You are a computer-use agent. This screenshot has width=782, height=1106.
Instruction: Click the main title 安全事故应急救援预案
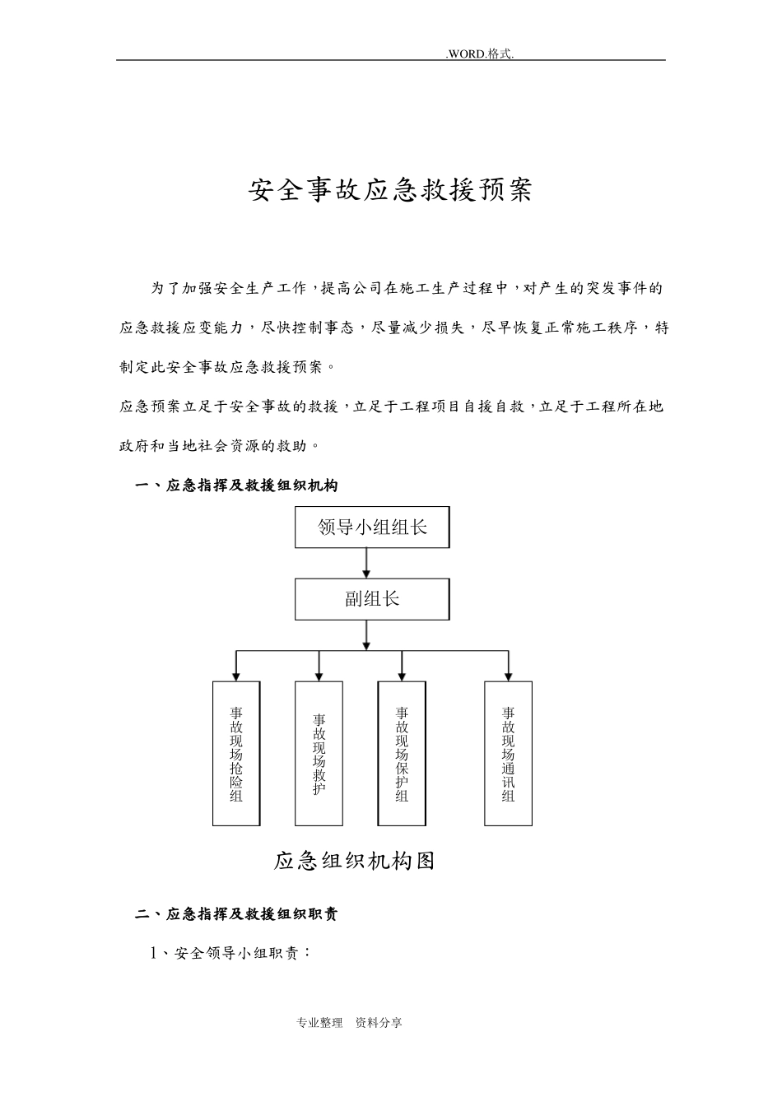[x=390, y=191]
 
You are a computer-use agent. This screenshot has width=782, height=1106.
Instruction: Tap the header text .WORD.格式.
[x=480, y=53]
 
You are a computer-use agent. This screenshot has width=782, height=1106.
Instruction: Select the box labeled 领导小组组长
[x=372, y=527]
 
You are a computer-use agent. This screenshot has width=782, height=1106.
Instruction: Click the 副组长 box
[x=372, y=599]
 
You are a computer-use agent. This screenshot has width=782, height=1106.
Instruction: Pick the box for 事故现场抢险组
[x=236, y=753]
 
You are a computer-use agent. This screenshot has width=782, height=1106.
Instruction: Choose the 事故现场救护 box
[x=319, y=753]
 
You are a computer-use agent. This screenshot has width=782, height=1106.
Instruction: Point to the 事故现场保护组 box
[x=402, y=753]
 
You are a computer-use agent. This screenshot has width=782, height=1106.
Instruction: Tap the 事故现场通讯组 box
[x=508, y=753]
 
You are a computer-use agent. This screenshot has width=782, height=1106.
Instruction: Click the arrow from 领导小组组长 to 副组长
[x=366, y=563]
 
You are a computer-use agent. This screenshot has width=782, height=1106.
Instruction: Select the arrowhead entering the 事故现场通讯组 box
[x=508, y=676]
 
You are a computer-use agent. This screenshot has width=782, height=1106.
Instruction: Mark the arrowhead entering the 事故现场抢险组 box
[x=236, y=676]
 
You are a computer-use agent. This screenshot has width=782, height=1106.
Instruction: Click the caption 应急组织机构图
[x=354, y=861]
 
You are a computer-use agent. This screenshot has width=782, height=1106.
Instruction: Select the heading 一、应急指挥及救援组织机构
[x=236, y=486]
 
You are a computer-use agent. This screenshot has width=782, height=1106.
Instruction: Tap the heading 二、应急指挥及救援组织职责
[x=236, y=914]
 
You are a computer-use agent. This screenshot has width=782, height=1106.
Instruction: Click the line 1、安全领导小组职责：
[x=230, y=953]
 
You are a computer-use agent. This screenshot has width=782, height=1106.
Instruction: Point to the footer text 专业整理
[x=319, y=1023]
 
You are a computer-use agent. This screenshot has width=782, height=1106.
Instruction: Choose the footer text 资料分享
[x=379, y=1023]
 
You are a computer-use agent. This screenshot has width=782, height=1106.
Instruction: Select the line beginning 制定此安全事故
[x=227, y=367]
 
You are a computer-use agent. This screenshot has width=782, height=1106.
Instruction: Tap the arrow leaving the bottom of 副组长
[x=366, y=634]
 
